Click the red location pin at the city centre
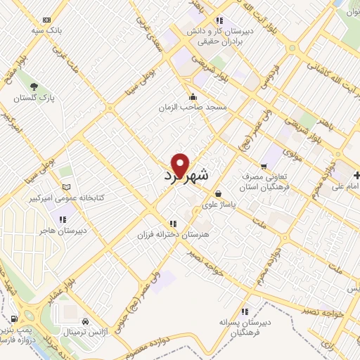181,165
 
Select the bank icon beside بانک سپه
47,20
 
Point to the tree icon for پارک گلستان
34,86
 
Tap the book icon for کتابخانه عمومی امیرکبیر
67,187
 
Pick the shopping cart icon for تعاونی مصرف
264,166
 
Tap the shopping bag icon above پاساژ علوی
218,193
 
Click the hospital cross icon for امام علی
358,174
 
